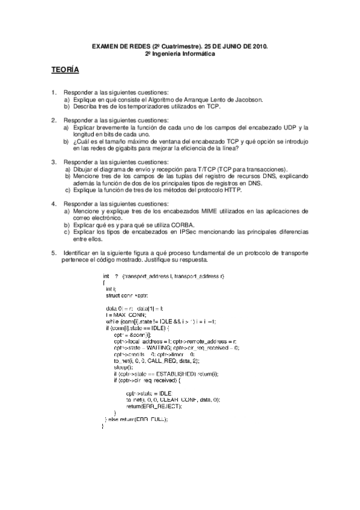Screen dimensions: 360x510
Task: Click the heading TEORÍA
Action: (x=64, y=71)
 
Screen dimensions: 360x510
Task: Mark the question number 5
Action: (x=53, y=253)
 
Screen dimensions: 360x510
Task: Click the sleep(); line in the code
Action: (x=122, y=366)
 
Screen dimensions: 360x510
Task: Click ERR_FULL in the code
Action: (x=151, y=419)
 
